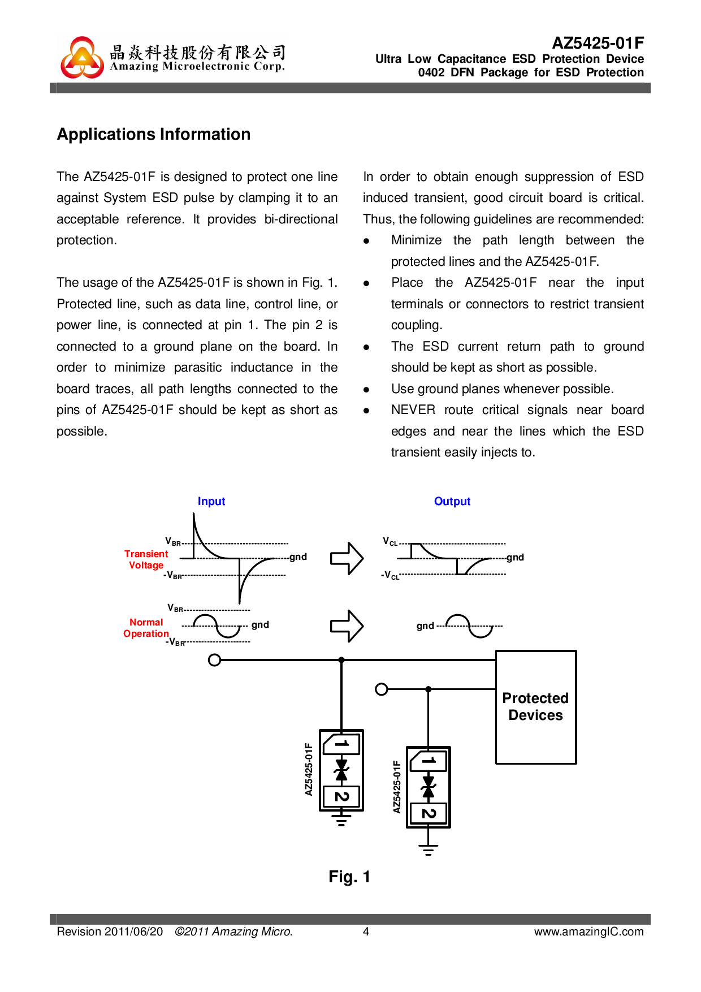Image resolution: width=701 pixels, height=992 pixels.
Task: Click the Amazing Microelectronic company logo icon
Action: tap(83, 58)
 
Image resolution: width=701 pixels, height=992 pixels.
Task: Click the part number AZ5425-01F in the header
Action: tap(598, 44)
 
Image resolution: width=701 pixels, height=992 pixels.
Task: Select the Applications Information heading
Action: tap(154, 135)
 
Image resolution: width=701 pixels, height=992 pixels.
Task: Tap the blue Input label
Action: tap(211, 502)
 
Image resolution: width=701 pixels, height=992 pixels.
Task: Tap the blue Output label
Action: tap(452, 502)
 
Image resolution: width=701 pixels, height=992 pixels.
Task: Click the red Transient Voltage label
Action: tap(146, 559)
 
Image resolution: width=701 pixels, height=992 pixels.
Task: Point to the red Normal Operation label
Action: tap(146, 628)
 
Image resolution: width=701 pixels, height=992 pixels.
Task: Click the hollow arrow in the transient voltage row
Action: tap(347, 558)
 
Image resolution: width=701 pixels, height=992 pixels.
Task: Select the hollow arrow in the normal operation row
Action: tap(347, 626)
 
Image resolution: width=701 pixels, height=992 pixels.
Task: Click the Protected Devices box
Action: tap(536, 707)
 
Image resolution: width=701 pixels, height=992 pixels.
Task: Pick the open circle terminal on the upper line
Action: tap(214, 660)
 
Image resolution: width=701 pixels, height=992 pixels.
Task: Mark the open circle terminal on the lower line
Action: tap(382, 689)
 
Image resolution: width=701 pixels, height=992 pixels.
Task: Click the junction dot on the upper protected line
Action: tap(341, 660)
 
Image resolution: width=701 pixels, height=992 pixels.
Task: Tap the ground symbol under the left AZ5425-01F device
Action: tap(341, 820)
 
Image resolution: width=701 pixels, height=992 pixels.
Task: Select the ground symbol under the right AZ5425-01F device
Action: tap(429, 849)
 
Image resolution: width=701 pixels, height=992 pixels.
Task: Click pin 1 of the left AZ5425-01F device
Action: tap(341, 744)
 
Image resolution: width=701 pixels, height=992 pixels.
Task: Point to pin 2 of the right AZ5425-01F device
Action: tap(429, 814)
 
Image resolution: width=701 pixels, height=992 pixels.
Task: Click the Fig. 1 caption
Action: tap(349, 877)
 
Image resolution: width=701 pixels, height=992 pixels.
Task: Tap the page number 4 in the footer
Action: tap(366, 931)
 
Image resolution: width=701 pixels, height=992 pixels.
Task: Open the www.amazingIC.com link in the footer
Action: tap(589, 931)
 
